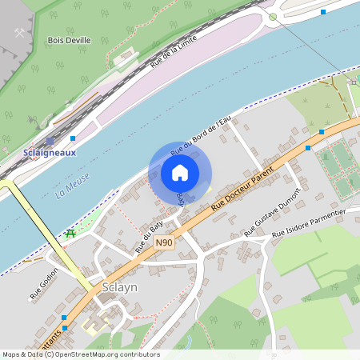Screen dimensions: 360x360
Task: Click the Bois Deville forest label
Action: (x=69, y=39)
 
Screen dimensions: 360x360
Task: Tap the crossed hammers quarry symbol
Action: (x=20, y=33)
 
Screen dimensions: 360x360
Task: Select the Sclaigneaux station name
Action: (x=50, y=153)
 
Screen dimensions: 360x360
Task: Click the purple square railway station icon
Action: (x=50, y=141)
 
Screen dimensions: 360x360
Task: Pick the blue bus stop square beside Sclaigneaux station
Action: (x=72, y=138)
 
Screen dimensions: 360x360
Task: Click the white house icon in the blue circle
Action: (x=180, y=172)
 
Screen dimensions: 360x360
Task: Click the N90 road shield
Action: (x=164, y=242)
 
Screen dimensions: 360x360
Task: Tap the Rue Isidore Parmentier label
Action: (x=308, y=223)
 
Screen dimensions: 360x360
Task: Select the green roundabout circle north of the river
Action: (x=273, y=17)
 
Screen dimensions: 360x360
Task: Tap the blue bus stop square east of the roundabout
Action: (x=323, y=12)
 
